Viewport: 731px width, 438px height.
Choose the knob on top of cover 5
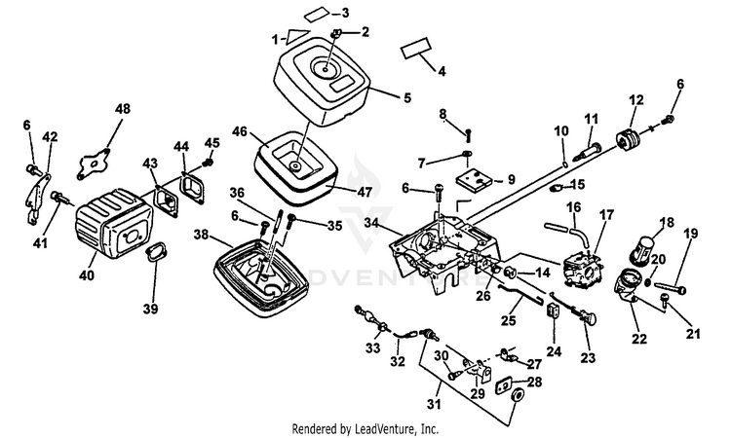coord(334,36)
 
